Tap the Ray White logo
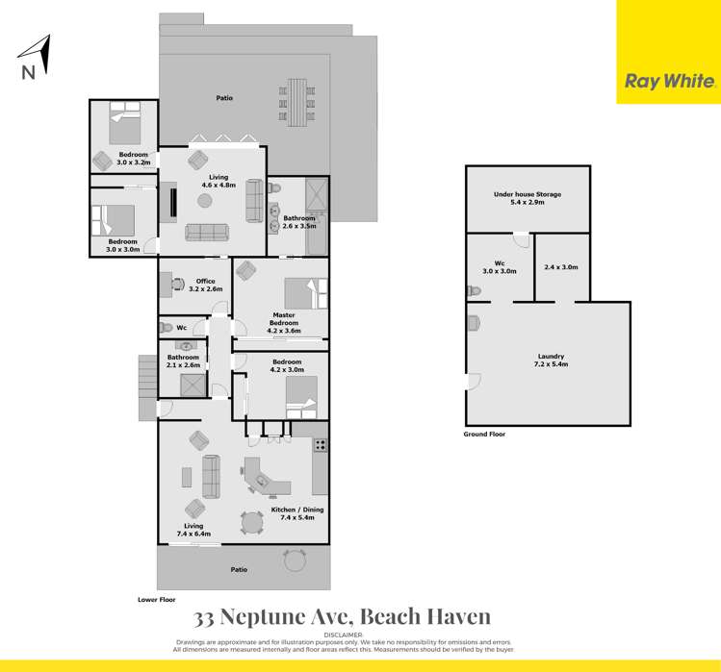coord(670,82)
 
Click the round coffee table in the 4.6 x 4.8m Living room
coord(204,201)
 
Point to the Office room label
coord(205,281)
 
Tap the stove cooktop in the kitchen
coord(320,445)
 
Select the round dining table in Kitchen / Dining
coord(252,522)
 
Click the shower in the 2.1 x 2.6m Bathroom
coord(190,385)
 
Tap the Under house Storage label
coord(527,194)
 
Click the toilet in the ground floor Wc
coord(472,291)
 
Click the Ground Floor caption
coord(484,435)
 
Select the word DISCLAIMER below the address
coord(344,635)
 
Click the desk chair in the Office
coord(178,282)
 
